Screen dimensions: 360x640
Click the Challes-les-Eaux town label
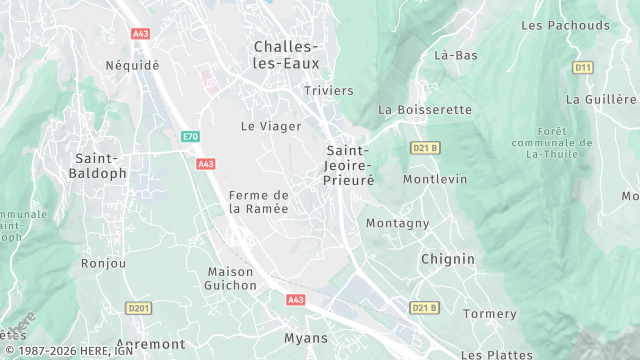click(x=286, y=55)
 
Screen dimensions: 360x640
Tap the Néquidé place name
click(x=132, y=65)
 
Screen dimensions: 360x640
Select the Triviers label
click(x=329, y=91)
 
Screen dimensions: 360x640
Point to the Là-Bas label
click(x=455, y=55)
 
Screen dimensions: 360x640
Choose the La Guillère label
click(x=601, y=99)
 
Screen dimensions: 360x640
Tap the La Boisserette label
click(x=425, y=109)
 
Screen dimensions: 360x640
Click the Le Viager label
click(x=264, y=126)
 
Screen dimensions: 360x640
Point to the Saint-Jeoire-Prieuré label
click(x=348, y=166)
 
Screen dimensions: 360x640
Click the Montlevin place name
click(x=435, y=179)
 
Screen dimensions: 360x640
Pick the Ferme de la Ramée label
click(x=258, y=202)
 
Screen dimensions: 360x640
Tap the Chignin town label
click(x=447, y=258)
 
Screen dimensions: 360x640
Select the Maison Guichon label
click(x=231, y=279)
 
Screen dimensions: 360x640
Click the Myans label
click(x=306, y=338)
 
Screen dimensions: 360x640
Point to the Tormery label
click(x=491, y=314)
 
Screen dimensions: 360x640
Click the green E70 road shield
click(x=190, y=136)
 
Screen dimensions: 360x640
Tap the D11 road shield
click(x=583, y=67)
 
